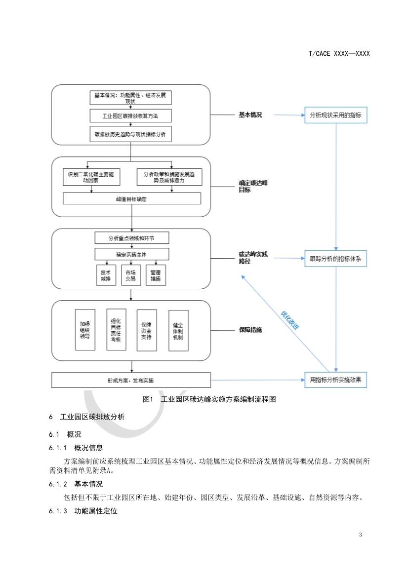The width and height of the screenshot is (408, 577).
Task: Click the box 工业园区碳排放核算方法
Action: (x=130, y=116)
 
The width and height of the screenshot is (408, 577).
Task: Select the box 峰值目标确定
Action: (x=131, y=198)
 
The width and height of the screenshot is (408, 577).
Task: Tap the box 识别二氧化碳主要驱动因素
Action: (x=90, y=177)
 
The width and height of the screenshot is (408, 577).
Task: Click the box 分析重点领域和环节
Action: (x=131, y=238)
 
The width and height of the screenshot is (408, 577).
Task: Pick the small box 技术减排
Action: (x=105, y=275)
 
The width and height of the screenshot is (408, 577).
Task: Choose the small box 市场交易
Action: (x=131, y=275)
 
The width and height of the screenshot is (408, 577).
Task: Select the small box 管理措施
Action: (x=155, y=275)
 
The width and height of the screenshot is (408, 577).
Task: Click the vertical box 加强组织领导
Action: (x=85, y=330)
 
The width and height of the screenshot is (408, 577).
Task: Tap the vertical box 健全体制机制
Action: (x=178, y=329)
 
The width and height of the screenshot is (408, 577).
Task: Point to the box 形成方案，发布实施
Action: (x=131, y=381)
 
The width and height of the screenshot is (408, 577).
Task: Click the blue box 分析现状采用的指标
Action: (x=335, y=115)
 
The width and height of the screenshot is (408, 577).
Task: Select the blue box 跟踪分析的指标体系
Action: (x=335, y=259)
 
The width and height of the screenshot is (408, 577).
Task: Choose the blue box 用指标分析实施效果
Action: (x=335, y=380)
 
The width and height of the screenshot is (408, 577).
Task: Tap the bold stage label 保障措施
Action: (x=250, y=329)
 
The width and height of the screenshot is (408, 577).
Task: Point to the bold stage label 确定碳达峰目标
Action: (x=252, y=186)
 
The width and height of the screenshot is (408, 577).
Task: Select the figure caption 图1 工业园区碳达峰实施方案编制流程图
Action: (x=208, y=399)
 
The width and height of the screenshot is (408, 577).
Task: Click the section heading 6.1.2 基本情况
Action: (x=77, y=484)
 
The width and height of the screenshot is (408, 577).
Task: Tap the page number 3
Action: (x=361, y=535)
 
